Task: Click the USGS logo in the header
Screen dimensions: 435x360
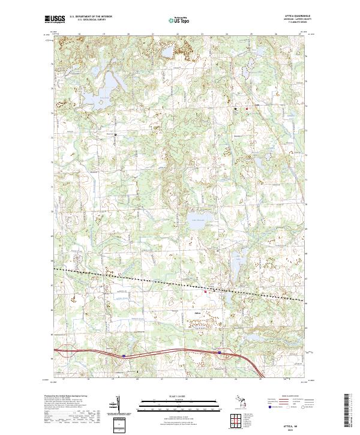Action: [x=55, y=20]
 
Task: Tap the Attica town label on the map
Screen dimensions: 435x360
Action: [x=197, y=313]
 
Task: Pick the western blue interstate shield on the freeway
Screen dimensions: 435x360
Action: [x=124, y=355]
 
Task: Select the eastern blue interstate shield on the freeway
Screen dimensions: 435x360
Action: [x=219, y=352]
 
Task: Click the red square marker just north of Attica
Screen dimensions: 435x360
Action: [x=206, y=292]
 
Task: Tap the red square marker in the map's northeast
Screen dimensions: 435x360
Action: [x=246, y=109]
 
